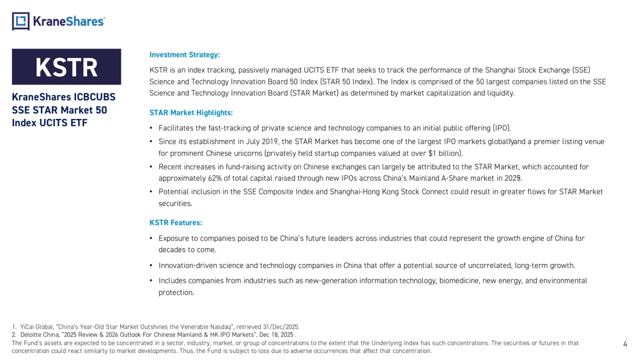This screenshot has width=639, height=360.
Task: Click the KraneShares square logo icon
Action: pos(20,21)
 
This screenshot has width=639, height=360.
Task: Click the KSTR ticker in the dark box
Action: pos(66,67)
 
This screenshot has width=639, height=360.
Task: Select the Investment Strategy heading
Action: pos(184,54)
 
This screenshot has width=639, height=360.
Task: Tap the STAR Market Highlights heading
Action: pos(191,113)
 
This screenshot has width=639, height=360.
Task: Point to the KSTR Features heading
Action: pos(176,223)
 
